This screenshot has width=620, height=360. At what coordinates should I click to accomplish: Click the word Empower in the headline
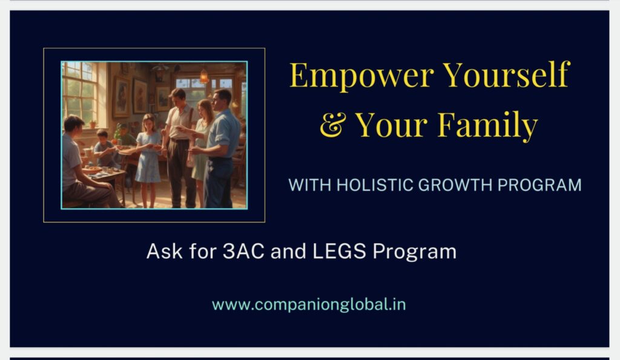[362, 76]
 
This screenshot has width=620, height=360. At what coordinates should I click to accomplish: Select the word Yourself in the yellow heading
[506, 74]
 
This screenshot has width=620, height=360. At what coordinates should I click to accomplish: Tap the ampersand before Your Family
[333, 125]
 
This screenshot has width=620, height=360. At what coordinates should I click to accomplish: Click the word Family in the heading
[487, 125]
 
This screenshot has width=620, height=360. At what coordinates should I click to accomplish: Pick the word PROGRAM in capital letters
[539, 185]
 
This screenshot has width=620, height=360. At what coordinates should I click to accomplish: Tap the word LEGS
[339, 251]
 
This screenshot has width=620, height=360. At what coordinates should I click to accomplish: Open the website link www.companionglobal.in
[309, 305]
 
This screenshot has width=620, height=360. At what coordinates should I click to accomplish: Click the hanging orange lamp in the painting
[204, 76]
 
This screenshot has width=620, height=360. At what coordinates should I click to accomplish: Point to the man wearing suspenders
[179, 148]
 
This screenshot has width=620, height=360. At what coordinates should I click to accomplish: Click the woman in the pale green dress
[202, 150]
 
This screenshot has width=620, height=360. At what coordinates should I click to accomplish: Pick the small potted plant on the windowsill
[93, 123]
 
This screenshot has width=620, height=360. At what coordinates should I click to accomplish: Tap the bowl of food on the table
[92, 169]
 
